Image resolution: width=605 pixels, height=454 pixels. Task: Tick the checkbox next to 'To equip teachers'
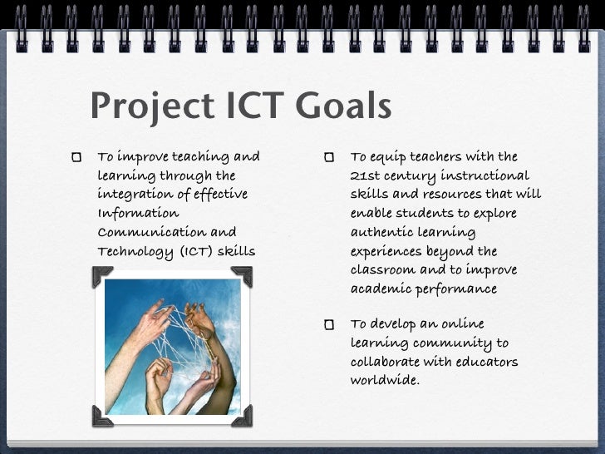[330, 156]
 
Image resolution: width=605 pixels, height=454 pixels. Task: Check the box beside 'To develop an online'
[330, 323]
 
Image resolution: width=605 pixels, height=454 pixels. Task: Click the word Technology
[132, 252]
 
